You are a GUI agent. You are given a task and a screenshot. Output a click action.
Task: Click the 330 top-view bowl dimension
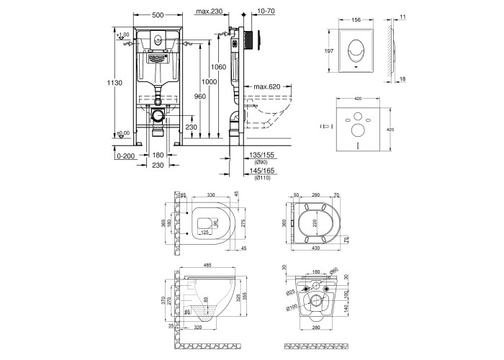[x=211, y=194]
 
